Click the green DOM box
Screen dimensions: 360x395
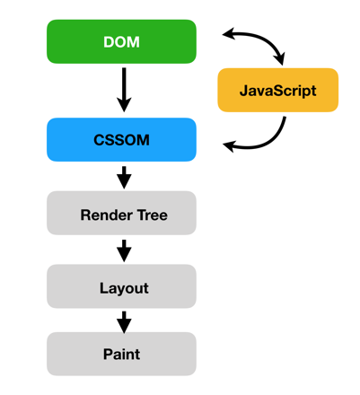pos(121,41)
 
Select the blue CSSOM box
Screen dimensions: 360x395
pos(121,140)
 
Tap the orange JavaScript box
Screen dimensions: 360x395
pos(278,90)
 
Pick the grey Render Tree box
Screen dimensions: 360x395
pos(121,213)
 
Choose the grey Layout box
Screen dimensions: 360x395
pos(121,286)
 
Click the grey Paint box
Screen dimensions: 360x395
pos(121,354)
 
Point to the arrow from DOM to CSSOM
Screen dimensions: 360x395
pos(124,90)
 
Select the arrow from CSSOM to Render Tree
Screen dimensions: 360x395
pos(124,178)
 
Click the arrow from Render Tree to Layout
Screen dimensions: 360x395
pos(124,250)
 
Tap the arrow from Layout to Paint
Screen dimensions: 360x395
pos(124,322)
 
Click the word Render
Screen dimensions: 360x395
pos(106,215)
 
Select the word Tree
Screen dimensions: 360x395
pos(153,215)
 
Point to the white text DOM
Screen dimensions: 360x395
pos(121,42)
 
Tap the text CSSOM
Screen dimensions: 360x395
pos(121,140)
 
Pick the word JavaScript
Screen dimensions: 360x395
pos(278,91)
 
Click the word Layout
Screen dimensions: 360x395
pos(124,289)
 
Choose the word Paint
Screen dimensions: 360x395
pos(121,355)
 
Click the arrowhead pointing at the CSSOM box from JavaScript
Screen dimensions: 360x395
pos(229,146)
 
